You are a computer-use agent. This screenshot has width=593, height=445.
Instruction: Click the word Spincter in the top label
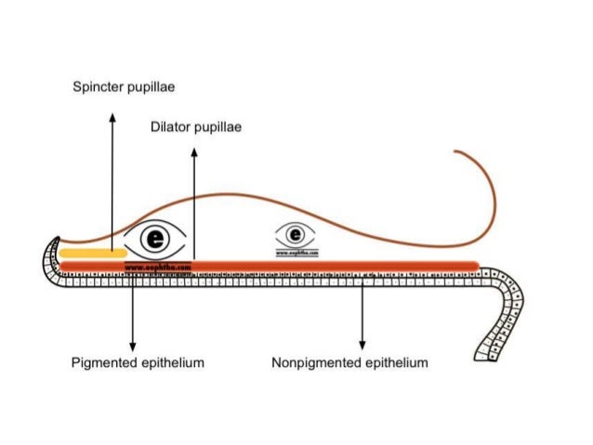99,87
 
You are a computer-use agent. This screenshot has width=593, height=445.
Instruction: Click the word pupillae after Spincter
151,87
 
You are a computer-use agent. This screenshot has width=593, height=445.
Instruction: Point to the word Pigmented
103,362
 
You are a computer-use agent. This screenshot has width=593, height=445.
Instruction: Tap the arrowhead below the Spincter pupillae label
112,116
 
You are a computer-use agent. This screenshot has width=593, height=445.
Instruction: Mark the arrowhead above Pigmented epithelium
133,345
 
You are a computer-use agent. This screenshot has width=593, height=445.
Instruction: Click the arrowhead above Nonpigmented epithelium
362,345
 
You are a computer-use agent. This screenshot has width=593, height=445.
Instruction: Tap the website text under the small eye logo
297,251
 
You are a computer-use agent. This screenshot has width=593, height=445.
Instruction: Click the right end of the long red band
476,267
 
